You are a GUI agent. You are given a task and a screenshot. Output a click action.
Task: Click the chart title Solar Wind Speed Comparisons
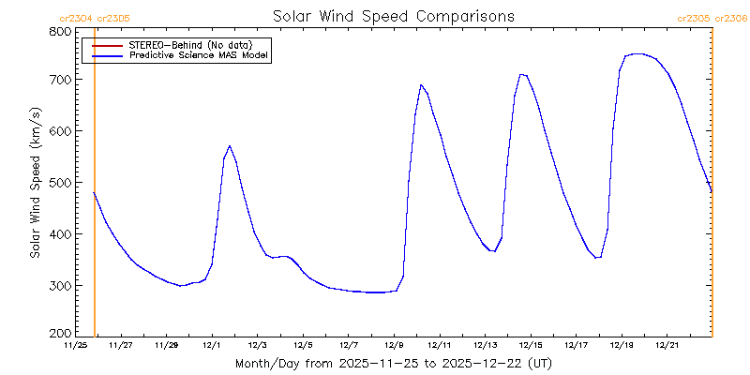pos(394,16)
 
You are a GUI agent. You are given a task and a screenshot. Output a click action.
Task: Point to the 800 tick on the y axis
pos(61,31)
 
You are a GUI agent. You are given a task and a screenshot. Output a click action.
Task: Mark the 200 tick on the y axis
pos(61,333)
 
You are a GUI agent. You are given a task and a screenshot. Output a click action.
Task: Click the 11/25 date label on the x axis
pos(75,345)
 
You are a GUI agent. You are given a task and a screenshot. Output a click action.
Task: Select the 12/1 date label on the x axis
pos(212,345)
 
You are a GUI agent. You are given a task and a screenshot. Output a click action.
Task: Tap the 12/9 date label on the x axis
pos(394,345)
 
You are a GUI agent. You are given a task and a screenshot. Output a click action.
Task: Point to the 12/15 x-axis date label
pos(531,345)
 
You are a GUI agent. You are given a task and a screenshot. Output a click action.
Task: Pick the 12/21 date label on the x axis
pos(667,345)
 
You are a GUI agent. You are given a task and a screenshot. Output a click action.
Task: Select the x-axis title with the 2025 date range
pos(394,363)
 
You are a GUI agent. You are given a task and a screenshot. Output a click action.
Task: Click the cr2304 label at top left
pos(75,18)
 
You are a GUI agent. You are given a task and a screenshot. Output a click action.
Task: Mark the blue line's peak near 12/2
pos(230,146)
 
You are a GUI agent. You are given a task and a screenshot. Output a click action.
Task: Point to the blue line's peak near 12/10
pos(422,85)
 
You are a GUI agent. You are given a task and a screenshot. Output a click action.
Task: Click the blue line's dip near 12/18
pos(596,257)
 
